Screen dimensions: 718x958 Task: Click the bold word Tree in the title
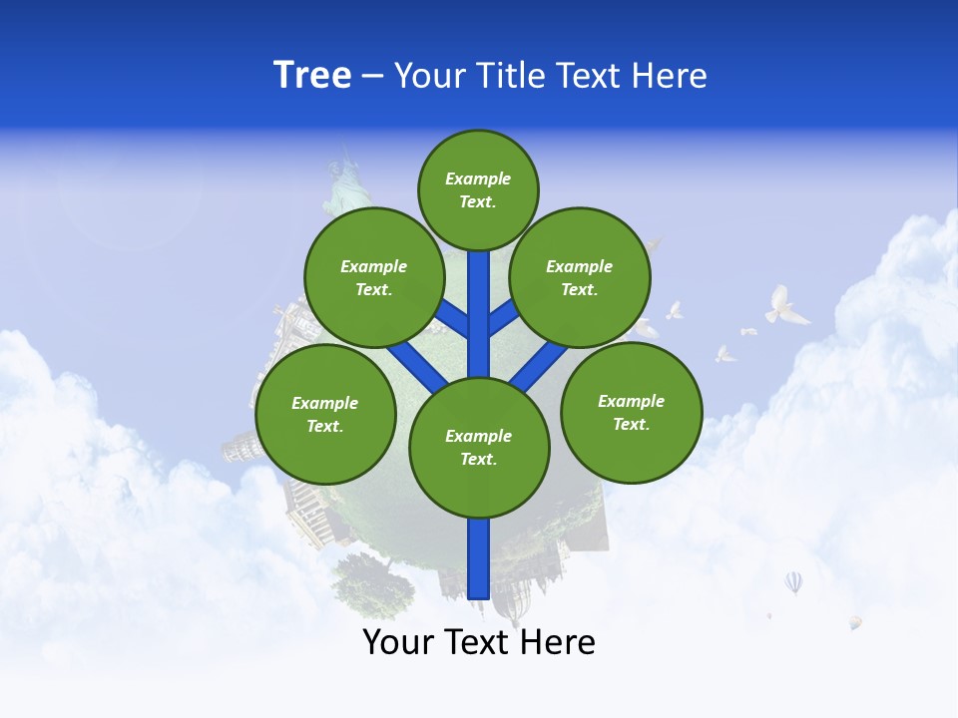[312, 76]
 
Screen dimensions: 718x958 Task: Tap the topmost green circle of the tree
[478, 189]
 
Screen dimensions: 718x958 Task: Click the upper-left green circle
[373, 277]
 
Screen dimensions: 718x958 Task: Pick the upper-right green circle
[580, 277]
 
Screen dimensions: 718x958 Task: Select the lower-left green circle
[325, 414]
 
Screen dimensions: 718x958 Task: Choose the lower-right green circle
[631, 412]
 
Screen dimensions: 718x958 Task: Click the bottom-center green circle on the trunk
[479, 447]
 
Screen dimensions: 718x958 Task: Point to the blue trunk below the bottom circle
[479, 558]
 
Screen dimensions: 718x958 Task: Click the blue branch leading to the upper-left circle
[453, 317]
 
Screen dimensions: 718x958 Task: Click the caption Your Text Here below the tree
[479, 642]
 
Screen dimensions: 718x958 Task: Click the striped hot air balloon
[793, 581]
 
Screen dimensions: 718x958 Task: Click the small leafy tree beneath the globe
[373, 583]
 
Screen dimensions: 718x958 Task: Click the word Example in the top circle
[478, 179]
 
